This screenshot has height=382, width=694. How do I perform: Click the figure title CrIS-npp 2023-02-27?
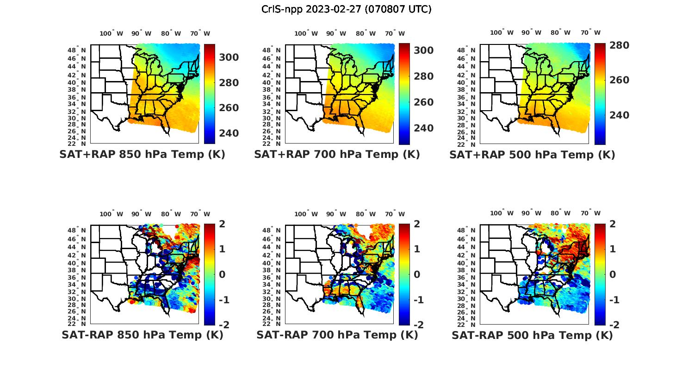346,9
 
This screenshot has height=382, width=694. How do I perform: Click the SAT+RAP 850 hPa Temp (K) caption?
142,155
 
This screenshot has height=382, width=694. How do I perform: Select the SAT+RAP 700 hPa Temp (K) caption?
337,155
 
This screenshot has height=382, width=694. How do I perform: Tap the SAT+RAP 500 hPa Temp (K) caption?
532,155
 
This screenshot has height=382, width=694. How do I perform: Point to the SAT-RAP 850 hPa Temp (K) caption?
142,335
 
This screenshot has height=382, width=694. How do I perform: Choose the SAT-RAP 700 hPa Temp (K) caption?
337,335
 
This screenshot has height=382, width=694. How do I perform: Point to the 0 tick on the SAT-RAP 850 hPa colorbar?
222,275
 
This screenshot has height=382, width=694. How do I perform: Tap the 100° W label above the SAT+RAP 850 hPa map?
111,33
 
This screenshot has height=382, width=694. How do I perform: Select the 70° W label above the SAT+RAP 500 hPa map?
590,33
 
